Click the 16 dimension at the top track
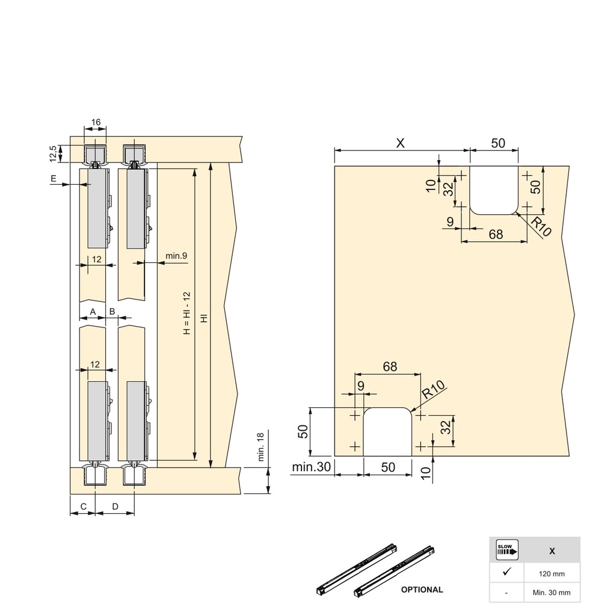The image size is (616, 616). [96, 122]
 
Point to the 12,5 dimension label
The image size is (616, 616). [54, 153]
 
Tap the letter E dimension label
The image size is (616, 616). [54, 179]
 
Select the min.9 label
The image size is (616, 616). [176, 256]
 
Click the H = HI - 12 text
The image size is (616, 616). [186, 313]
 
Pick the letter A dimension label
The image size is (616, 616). [93, 312]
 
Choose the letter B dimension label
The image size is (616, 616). [112, 312]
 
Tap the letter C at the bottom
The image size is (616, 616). [83, 507]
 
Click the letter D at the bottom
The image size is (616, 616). [115, 507]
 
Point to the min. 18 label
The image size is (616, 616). [260, 446]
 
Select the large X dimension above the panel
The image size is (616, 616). [400, 143]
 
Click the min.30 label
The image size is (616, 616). [312, 467]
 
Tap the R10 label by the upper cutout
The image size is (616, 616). [541, 227]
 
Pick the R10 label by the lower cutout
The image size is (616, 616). [434, 389]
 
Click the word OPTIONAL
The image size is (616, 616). [422, 590]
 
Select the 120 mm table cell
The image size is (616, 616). [552, 574]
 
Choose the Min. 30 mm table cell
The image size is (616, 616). [552, 593]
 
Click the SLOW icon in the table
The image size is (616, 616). [507, 550]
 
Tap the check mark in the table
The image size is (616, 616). [507, 571]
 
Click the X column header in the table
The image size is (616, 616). [552, 551]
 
